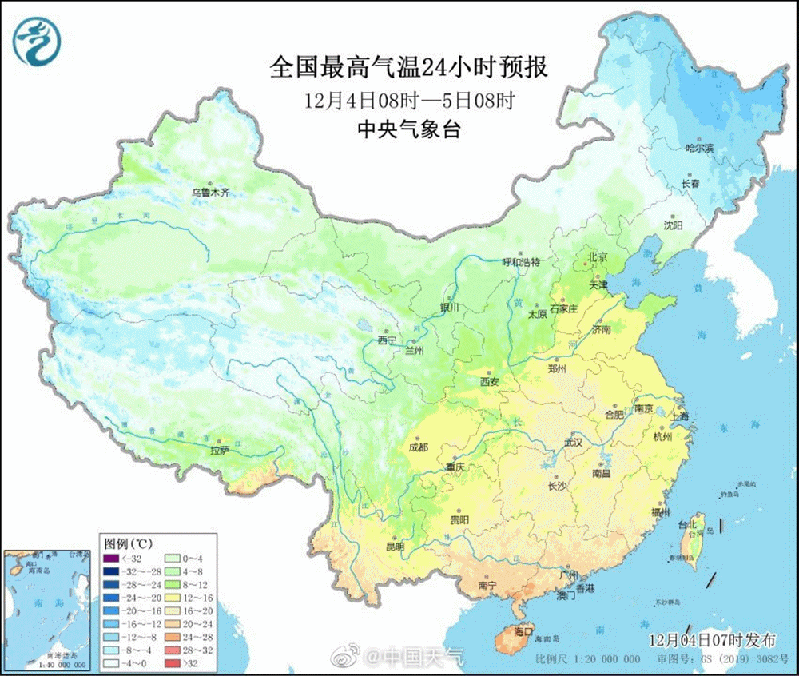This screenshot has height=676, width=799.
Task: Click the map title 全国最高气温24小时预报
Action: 408,68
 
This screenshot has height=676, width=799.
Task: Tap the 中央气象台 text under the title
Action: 408,130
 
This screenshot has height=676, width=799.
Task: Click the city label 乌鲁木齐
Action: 209,193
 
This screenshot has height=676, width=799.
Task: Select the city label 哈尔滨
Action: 700,149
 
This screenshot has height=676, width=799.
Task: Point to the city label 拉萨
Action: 219,450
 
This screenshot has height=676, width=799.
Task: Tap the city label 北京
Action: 598,257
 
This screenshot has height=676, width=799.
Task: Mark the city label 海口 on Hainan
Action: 524,631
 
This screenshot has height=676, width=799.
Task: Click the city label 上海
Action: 681,416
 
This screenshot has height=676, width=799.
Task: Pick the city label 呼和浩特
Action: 521,262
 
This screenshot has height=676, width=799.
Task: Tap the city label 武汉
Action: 574,442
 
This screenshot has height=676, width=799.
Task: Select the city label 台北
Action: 687,525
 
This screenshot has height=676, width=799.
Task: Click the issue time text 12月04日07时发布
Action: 712,639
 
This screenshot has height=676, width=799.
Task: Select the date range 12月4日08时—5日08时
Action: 408,101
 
